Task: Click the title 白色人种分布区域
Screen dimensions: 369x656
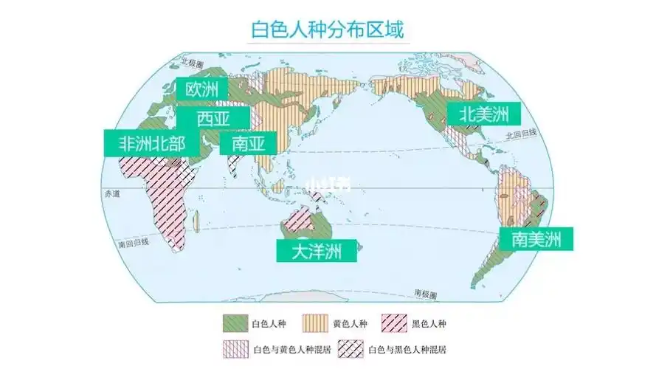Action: (x=328, y=30)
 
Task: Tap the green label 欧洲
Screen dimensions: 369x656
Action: (x=202, y=90)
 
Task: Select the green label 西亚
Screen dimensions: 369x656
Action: (x=213, y=118)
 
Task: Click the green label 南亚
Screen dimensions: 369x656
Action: (x=248, y=142)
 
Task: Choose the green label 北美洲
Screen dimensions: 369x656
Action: (x=483, y=114)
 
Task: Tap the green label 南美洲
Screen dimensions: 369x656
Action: (x=536, y=238)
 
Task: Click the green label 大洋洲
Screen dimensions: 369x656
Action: (x=317, y=251)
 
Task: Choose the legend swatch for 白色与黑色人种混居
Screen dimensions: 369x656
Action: (x=349, y=347)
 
